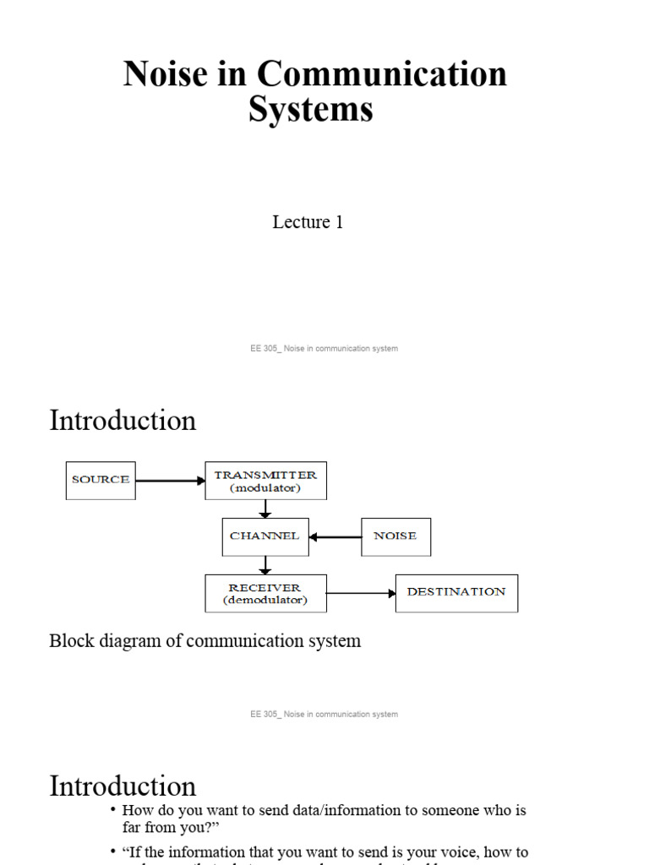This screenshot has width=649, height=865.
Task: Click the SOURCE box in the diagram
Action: [101, 480]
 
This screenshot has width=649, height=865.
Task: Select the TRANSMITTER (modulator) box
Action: [265, 481]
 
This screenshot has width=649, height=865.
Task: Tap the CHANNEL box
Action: [265, 536]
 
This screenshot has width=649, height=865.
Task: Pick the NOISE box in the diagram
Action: [395, 536]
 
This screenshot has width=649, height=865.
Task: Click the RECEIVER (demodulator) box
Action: [265, 593]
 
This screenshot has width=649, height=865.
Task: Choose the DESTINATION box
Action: [456, 593]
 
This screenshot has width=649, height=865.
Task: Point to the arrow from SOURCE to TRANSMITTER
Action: [170, 481]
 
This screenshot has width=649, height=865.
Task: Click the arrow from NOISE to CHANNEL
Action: [335, 536]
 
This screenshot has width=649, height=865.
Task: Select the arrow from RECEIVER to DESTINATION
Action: [361, 593]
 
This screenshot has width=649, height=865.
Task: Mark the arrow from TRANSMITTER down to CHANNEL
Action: [265, 509]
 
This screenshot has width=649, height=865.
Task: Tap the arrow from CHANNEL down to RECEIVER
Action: [265, 565]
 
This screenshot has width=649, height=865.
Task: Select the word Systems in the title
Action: [310, 110]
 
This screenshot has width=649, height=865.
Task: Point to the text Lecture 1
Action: [308, 222]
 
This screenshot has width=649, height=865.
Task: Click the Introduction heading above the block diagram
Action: [123, 421]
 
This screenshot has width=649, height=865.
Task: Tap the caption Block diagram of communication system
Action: [205, 641]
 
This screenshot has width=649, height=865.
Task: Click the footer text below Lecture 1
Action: [324, 348]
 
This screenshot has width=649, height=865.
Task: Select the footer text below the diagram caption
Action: [324, 714]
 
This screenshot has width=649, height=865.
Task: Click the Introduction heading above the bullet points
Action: [123, 786]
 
